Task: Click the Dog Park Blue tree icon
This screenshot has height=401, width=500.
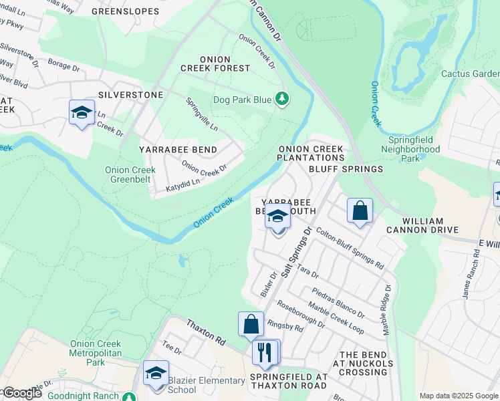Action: coord(282,100)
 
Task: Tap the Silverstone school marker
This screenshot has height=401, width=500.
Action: coord(82,112)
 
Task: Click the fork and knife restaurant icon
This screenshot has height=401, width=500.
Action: coord(265,352)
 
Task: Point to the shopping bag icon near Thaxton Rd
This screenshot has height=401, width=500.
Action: coord(251,325)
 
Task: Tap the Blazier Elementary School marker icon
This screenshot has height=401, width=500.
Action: coord(156,373)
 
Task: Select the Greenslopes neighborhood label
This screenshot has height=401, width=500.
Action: coord(125,11)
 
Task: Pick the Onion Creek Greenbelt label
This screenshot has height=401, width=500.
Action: coord(130,174)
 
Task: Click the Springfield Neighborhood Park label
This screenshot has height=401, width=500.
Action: coord(414,150)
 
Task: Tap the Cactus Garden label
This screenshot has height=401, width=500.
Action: coord(471,74)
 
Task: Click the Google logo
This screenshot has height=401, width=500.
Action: coord(22,393)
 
